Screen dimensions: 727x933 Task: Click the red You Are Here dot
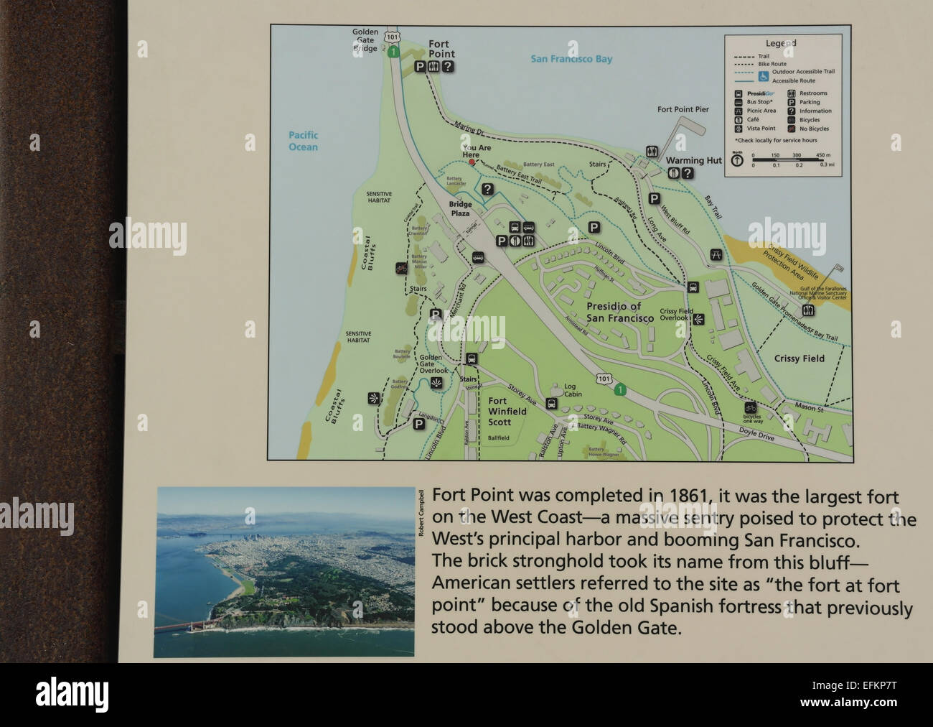click(472, 162)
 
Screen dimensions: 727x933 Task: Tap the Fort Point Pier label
click(683, 110)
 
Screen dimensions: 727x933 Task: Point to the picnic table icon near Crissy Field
click(716, 254)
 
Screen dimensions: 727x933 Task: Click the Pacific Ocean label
click(303, 141)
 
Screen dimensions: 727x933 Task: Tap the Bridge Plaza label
click(460, 209)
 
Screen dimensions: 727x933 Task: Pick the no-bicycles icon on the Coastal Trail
click(401, 269)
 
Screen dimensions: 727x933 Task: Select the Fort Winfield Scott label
click(507, 412)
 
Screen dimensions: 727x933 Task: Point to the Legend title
click(781, 43)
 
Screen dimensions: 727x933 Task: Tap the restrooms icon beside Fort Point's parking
click(433, 67)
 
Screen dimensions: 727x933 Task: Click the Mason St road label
click(810, 407)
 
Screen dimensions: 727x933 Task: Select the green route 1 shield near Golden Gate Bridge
click(393, 51)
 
